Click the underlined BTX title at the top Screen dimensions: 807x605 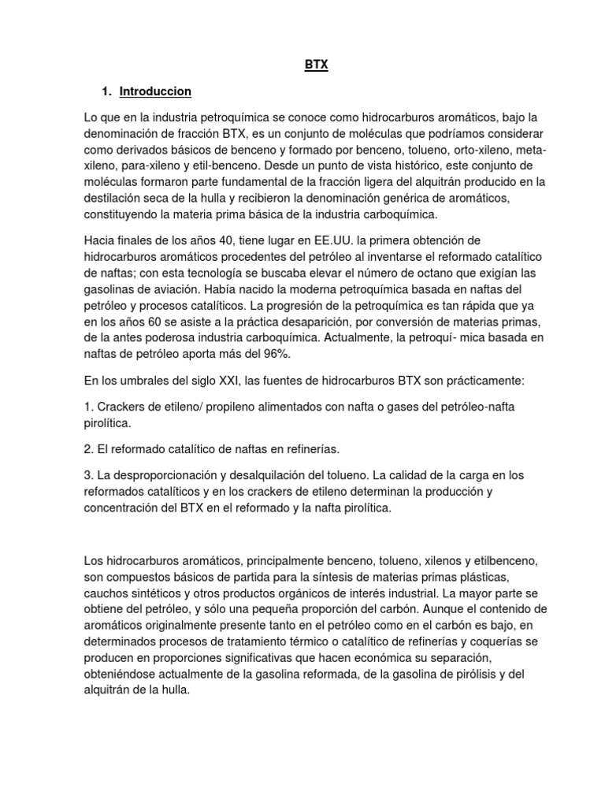coord(316,66)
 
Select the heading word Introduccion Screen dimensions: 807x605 coord(155,91)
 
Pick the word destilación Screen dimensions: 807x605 coord(114,198)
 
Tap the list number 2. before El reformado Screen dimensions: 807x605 coord(88,449)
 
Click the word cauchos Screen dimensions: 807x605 coord(108,592)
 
